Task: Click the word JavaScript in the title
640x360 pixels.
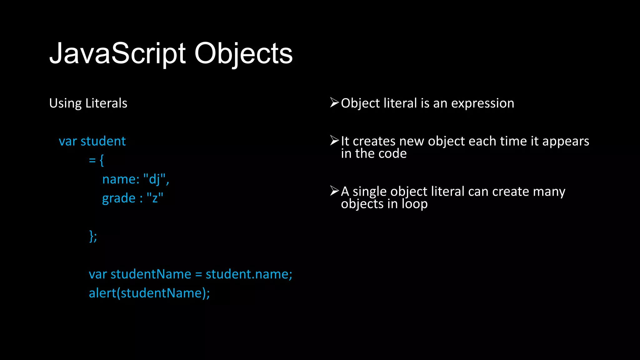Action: (x=117, y=54)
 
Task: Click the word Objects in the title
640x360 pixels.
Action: (x=243, y=54)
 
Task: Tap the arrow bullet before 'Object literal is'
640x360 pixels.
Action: (x=334, y=102)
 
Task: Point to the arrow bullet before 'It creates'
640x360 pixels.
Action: (x=334, y=141)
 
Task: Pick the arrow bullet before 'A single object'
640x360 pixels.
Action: (x=334, y=191)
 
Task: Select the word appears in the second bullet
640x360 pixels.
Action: (x=566, y=142)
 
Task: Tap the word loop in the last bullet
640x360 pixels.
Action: (x=414, y=204)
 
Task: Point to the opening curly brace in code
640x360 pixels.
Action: (x=102, y=161)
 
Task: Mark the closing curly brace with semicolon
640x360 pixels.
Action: (x=93, y=236)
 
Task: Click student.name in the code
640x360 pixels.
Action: (x=248, y=274)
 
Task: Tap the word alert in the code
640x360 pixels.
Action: (x=102, y=293)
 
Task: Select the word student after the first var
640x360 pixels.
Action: (x=103, y=141)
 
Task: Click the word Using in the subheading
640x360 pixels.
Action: (x=65, y=103)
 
